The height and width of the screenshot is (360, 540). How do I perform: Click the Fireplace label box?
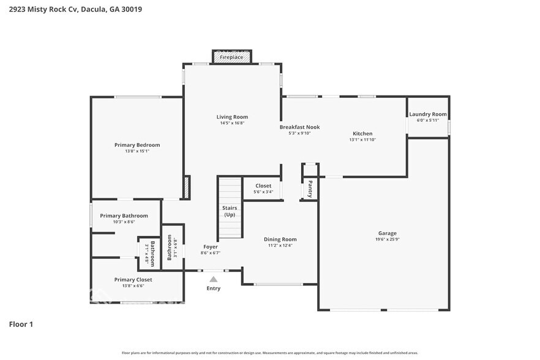(x=231, y=57)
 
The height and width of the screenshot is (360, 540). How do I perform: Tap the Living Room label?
(x=232, y=117)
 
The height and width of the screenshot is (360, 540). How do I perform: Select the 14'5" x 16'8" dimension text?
(x=232, y=123)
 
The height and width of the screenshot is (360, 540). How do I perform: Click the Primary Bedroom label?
(x=137, y=145)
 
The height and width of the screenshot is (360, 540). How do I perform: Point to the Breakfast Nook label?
(x=299, y=127)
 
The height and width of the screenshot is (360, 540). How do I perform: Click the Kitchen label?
(x=362, y=133)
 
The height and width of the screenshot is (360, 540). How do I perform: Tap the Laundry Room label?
(x=428, y=114)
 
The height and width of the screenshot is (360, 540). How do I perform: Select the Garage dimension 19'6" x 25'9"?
(x=387, y=239)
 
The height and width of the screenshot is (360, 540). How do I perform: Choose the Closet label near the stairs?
(x=263, y=186)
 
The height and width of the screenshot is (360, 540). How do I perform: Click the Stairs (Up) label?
(x=230, y=211)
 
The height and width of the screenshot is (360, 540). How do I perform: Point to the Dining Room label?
(x=280, y=239)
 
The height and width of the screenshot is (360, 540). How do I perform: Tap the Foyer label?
(x=210, y=247)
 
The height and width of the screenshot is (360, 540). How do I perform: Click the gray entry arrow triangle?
(x=213, y=279)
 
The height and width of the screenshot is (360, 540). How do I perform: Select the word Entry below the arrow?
(x=213, y=288)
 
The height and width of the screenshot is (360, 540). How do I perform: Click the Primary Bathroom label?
(x=124, y=216)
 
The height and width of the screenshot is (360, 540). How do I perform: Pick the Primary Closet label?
(x=133, y=279)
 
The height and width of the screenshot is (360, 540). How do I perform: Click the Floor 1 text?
(x=21, y=324)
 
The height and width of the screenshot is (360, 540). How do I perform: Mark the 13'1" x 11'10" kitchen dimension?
(x=362, y=140)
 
